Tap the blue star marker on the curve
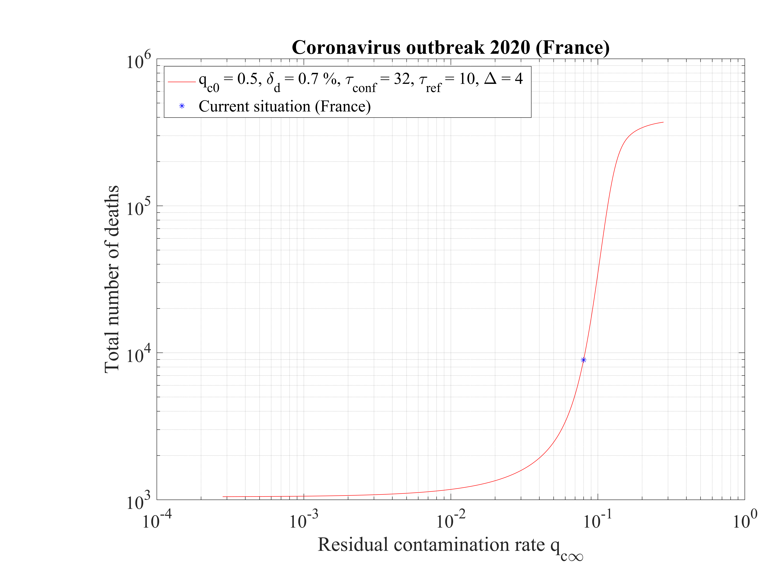(583, 360)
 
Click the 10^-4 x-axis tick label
(157, 520)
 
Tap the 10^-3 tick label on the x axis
(304, 520)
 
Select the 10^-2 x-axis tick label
(450, 520)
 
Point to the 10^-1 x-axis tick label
(598, 520)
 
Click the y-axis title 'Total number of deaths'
(112, 279)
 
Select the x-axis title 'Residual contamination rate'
(431, 545)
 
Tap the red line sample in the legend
(182, 82)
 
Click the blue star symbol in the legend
(182, 106)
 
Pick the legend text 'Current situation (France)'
(285, 106)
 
